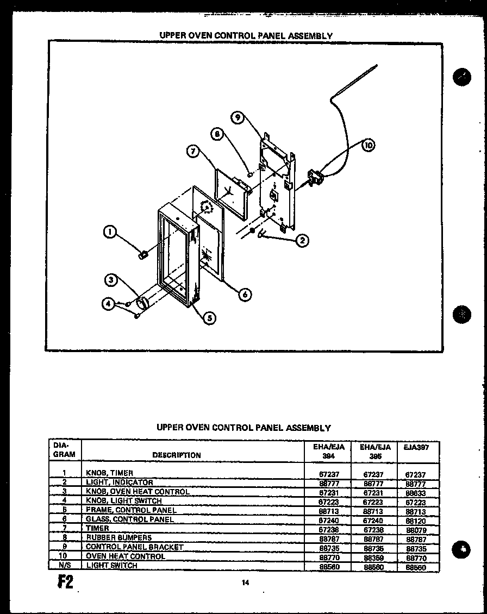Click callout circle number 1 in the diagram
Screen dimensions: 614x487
110,233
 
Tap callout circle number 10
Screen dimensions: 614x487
369,145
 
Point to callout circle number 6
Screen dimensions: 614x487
245,294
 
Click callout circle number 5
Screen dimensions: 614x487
209,319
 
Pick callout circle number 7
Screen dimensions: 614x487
192,152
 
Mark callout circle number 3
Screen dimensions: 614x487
111,280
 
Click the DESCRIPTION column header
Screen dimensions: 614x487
177,455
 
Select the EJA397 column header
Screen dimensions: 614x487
417,447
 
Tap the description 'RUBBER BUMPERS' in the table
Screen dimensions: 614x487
118,537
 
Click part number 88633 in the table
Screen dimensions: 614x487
416,493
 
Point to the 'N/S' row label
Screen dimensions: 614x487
64,566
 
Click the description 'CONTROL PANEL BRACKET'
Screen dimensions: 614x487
134,547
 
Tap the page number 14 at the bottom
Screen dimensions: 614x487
245,583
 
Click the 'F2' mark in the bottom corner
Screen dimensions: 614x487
64,581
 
